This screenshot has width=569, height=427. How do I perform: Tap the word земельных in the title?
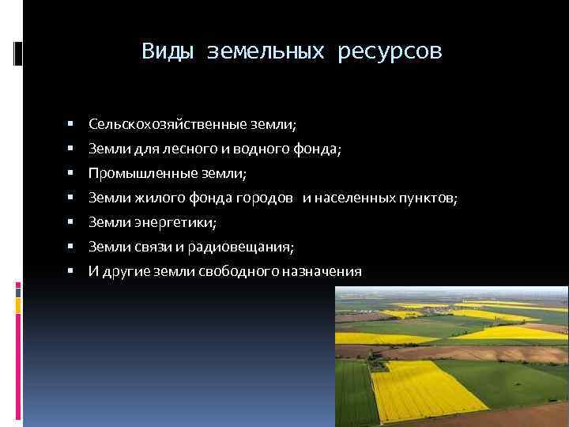pyautogui.click(x=266, y=51)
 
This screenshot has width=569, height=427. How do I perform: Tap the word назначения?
pyautogui.click(x=327, y=271)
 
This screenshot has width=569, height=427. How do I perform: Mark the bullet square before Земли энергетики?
pyautogui.click(x=70, y=222)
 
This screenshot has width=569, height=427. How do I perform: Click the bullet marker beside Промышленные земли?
pyautogui.click(x=70, y=173)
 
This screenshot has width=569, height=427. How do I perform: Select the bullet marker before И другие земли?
pyautogui.click(x=70, y=271)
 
